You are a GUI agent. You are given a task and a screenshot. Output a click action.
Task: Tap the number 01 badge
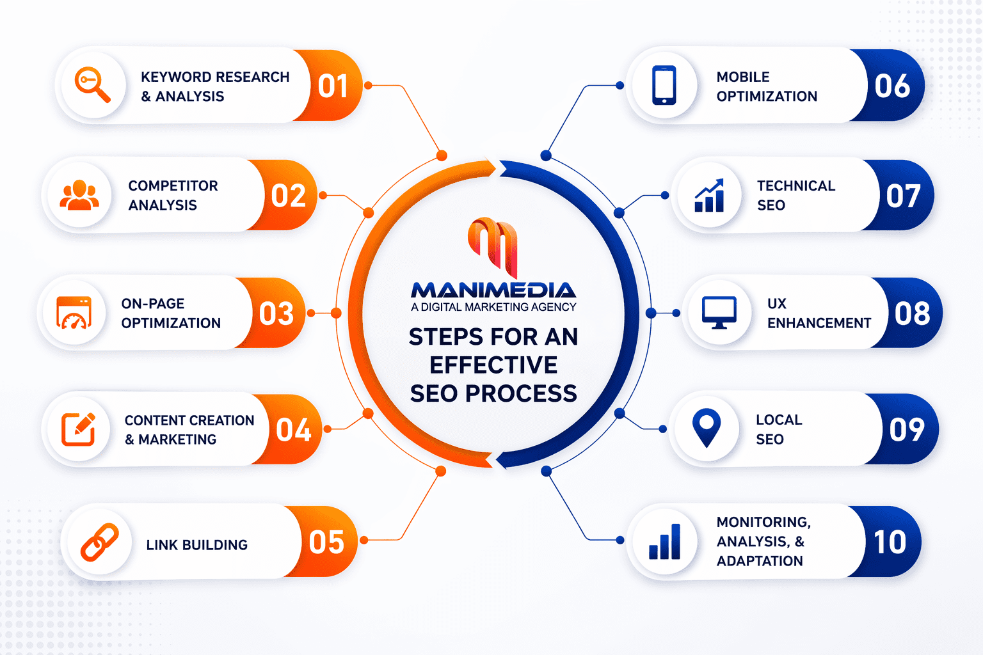tap(333, 86)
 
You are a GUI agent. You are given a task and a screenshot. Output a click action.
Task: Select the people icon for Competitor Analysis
tap(79, 195)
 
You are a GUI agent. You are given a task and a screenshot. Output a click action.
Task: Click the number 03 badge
tap(276, 313)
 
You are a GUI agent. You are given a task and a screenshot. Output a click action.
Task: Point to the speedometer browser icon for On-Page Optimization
tap(74, 313)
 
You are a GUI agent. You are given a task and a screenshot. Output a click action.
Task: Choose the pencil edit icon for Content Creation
tap(79, 429)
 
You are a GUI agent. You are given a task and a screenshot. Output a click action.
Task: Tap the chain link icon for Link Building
tap(99, 542)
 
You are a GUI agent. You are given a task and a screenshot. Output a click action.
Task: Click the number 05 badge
tap(326, 542)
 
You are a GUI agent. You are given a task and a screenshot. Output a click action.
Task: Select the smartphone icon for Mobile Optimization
tap(664, 85)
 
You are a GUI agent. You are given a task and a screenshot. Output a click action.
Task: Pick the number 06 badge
tap(892, 86)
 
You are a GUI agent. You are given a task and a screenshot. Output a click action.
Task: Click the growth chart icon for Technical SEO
tap(709, 196)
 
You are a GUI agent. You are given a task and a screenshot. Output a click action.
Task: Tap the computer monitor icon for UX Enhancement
tap(719, 312)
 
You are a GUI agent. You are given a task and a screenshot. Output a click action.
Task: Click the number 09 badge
tap(907, 429)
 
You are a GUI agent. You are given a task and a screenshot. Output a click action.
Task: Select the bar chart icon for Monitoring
tap(664, 542)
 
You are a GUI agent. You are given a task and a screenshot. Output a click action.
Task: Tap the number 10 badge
tap(890, 542)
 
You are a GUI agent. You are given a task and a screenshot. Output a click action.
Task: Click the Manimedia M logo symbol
tap(493, 246)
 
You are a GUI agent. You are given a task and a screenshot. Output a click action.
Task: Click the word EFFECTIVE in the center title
tap(493, 365)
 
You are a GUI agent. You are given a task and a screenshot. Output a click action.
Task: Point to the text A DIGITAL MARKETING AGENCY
tap(493, 307)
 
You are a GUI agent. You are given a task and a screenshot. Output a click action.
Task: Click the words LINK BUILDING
tap(196, 545)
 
